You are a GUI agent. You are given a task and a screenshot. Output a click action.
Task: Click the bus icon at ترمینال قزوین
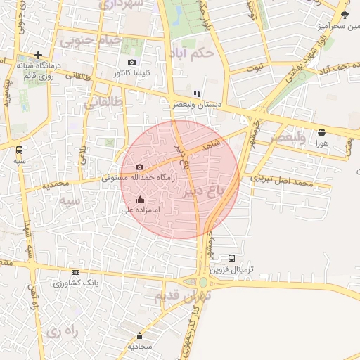click(x=232, y=258)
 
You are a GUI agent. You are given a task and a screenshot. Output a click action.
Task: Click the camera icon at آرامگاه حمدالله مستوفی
click(x=139, y=167)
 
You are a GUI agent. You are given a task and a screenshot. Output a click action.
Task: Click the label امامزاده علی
click(x=142, y=210)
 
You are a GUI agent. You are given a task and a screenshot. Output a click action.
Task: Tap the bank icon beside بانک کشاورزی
click(x=75, y=272)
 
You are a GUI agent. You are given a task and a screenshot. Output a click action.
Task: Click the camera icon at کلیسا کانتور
click(x=131, y=62)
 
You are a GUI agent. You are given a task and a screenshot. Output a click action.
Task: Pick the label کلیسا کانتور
click(x=133, y=72)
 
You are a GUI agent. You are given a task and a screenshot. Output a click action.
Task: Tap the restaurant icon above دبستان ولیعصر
click(x=197, y=93)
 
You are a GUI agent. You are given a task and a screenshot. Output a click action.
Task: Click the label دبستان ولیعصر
click(x=198, y=104)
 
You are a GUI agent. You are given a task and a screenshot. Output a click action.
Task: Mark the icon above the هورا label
click(x=322, y=132)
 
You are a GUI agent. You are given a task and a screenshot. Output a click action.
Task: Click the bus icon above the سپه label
click(x=19, y=150)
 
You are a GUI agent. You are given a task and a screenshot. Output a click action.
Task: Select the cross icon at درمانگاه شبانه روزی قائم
click(x=38, y=54)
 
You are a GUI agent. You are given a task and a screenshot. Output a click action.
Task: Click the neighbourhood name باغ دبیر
click(x=209, y=191)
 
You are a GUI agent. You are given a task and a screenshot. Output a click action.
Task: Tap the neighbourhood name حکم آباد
click(x=192, y=52)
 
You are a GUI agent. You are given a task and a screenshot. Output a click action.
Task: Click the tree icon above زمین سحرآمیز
click(x=344, y=14)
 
